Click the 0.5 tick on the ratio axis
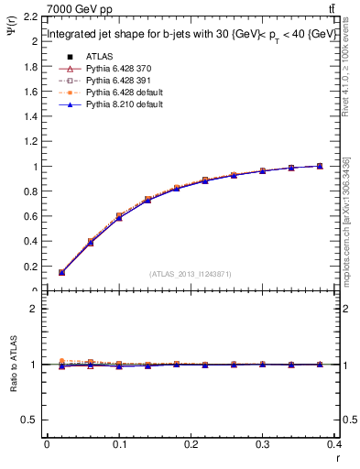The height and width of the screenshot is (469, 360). pyautogui.click(x=31, y=420)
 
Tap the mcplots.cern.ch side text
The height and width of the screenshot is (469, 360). pyautogui.click(x=345, y=220)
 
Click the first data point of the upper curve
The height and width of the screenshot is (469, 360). pyautogui.click(x=61, y=272)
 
